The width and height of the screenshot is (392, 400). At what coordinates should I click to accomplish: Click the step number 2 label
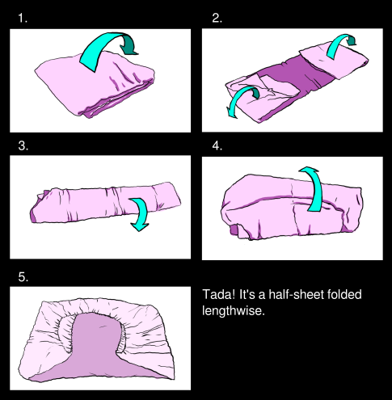tap(216, 18)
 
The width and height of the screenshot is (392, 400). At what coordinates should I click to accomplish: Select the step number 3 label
tap(23, 146)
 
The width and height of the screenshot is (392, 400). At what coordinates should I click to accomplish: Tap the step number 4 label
tap(216, 146)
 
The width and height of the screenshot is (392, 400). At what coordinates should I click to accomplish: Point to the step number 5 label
tap(23, 276)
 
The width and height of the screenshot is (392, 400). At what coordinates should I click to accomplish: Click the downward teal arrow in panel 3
tap(141, 213)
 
